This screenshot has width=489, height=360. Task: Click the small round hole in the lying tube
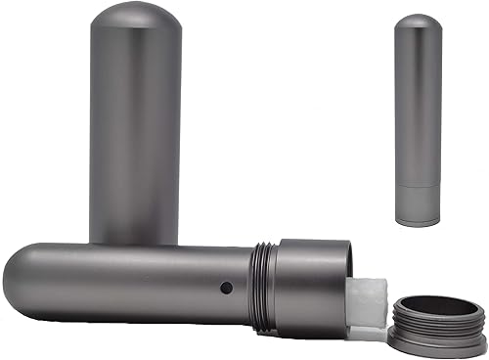tap(226, 289)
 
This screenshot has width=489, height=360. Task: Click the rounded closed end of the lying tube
tap(20, 279)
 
